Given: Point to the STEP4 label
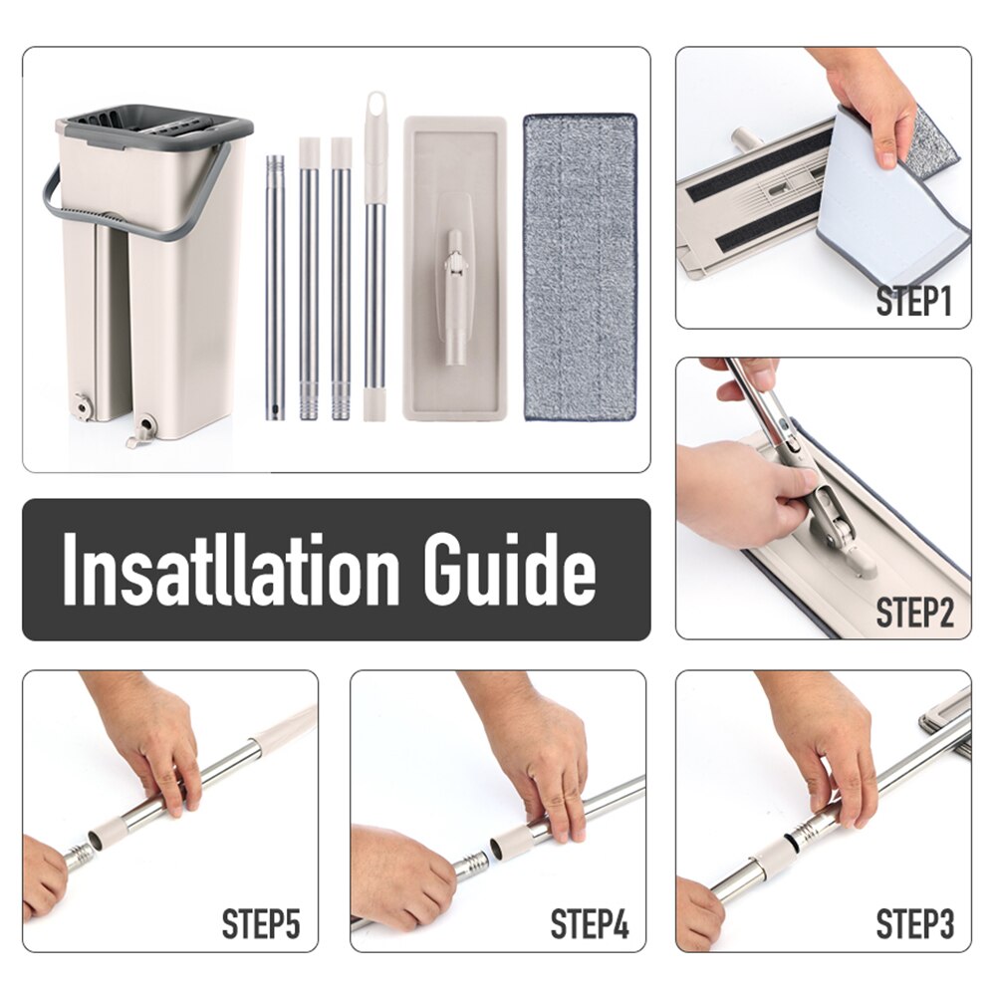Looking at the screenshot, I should tap(590, 924).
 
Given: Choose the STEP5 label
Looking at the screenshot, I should tap(261, 924).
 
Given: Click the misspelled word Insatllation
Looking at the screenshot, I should tap(231, 571).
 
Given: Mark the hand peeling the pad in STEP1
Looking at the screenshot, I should tap(876, 105).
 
